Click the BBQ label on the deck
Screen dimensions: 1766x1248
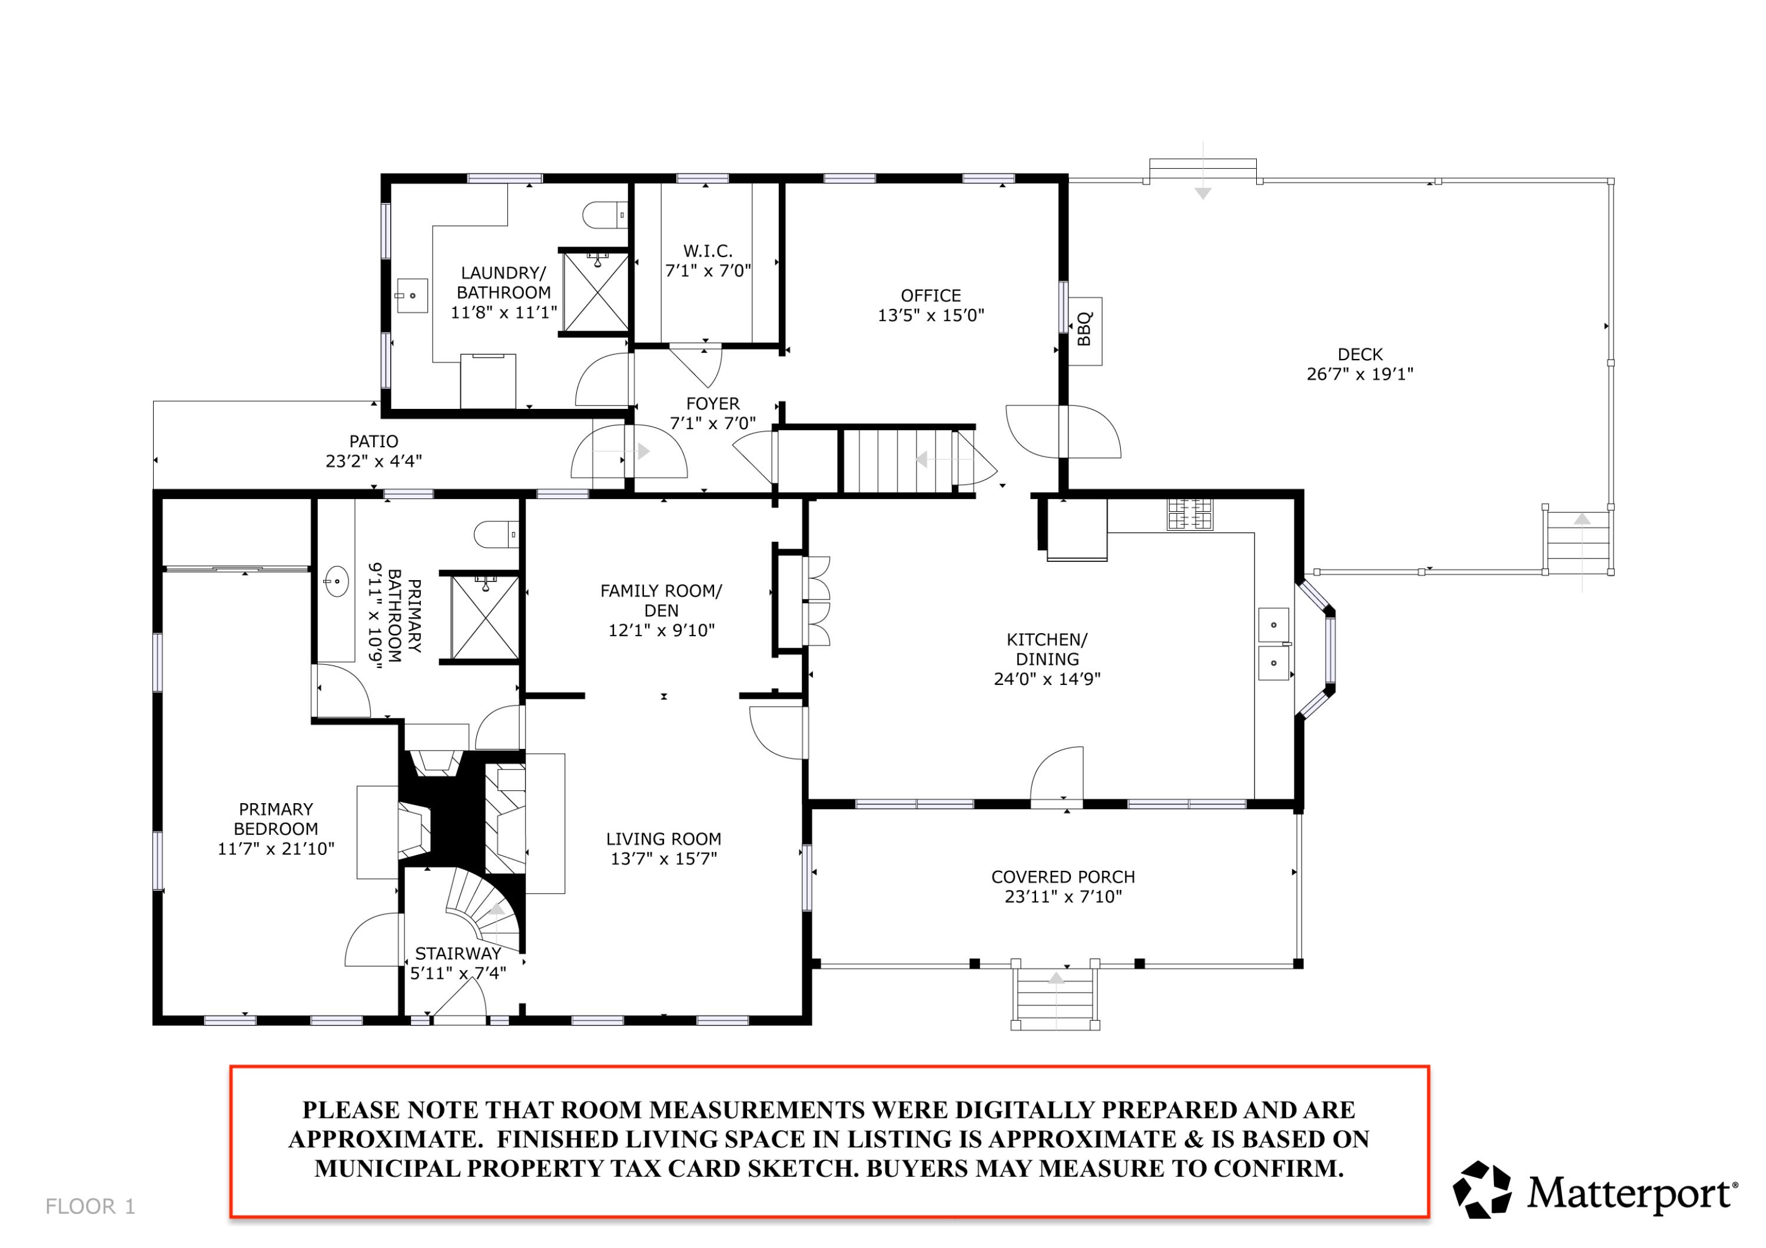1084,329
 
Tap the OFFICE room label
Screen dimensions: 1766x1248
931,296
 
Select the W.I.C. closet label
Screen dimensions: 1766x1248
708,251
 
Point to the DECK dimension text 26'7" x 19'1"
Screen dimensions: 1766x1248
1360,374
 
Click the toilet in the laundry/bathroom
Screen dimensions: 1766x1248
605,215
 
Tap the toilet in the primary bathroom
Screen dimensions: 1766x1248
496,534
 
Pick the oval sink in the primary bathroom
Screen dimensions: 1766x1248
336,581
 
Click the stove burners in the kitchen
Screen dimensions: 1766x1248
1190,514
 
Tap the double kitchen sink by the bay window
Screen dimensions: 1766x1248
1274,644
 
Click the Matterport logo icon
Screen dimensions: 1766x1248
1482,1190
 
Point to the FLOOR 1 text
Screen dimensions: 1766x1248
91,1206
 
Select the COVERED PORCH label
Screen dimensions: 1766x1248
1063,877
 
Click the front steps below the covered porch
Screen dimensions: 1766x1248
1055,997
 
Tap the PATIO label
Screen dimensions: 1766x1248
374,442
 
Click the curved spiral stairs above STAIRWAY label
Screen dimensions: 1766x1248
484,908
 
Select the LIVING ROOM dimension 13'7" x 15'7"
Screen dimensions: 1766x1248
664,859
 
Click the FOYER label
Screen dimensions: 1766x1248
713,404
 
